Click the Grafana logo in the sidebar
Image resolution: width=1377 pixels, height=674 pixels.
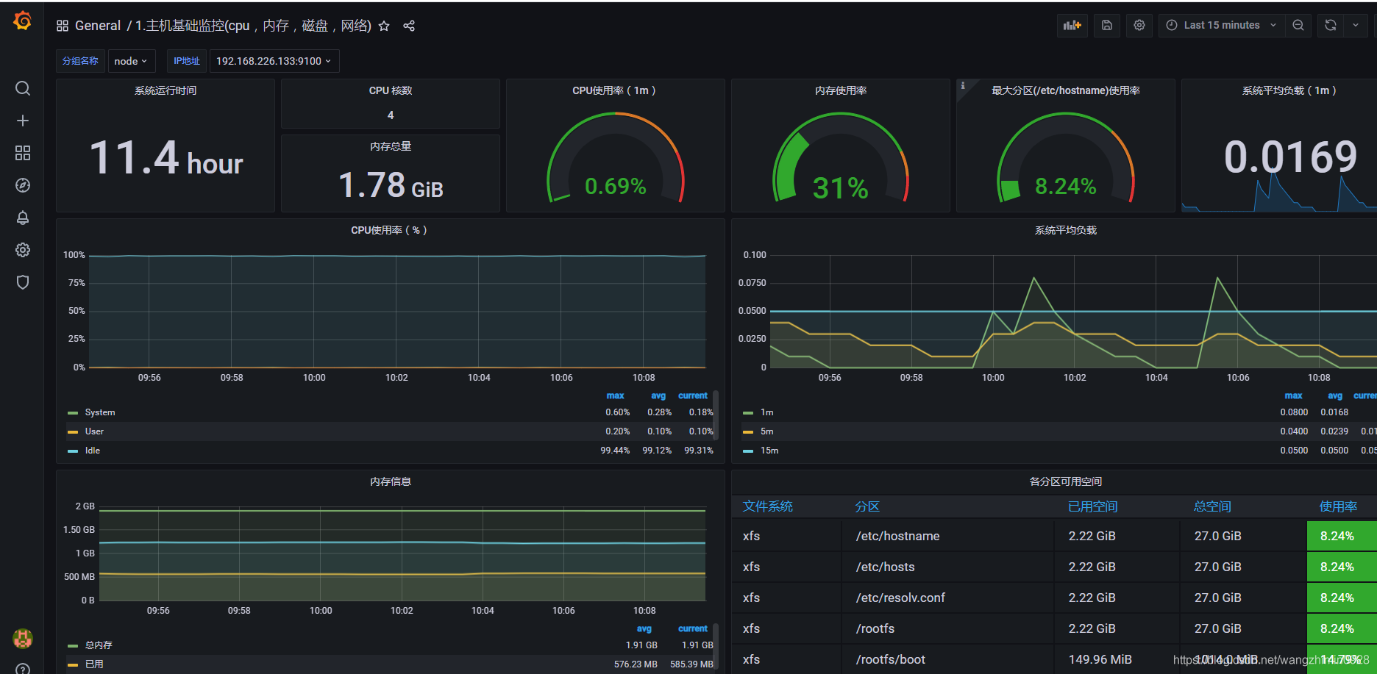[23, 21]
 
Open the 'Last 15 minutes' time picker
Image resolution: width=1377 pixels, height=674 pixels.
[1221, 25]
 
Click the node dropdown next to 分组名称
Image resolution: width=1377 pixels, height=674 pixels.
[131, 61]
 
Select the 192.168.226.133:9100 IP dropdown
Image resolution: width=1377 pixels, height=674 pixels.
[274, 61]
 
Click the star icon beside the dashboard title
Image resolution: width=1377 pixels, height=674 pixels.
[384, 26]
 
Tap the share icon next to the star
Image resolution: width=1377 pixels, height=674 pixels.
[409, 26]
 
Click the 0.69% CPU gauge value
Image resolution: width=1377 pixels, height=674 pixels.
[615, 187]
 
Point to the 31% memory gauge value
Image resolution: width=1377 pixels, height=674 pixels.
[840, 188]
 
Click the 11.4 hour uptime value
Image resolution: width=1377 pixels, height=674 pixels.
[166, 159]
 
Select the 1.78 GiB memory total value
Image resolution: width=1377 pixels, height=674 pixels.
[391, 185]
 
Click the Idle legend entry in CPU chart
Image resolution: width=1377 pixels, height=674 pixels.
[92, 451]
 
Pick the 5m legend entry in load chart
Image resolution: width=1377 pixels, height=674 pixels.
[766, 431]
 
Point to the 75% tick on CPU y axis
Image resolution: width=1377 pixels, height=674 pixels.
[76, 283]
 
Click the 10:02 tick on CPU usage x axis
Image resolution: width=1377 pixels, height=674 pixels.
[396, 378]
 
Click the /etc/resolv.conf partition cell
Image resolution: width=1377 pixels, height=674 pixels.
[900, 598]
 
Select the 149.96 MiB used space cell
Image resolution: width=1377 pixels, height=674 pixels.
[1100, 659]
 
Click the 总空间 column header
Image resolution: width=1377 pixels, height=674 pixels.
[1211, 506]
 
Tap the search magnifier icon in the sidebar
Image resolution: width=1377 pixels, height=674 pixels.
[23, 89]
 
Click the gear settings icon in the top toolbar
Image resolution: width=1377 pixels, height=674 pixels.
[1139, 25]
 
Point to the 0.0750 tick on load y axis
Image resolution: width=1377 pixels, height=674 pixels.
[752, 283]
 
